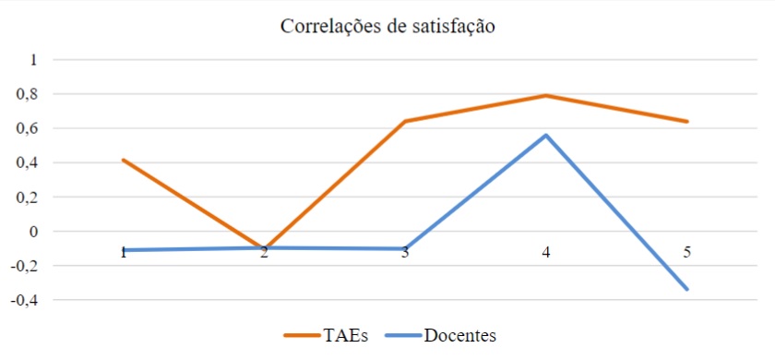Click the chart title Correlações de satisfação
[x=387, y=27]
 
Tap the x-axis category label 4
[x=546, y=251]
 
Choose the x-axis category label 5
[x=687, y=251]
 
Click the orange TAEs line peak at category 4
[x=546, y=95]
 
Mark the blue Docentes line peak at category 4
[x=546, y=136]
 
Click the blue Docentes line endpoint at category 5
[x=687, y=289]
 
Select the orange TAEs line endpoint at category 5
[x=687, y=121]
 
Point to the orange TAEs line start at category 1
[x=124, y=160]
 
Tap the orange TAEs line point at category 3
[x=405, y=121]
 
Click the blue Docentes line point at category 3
[x=405, y=248]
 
